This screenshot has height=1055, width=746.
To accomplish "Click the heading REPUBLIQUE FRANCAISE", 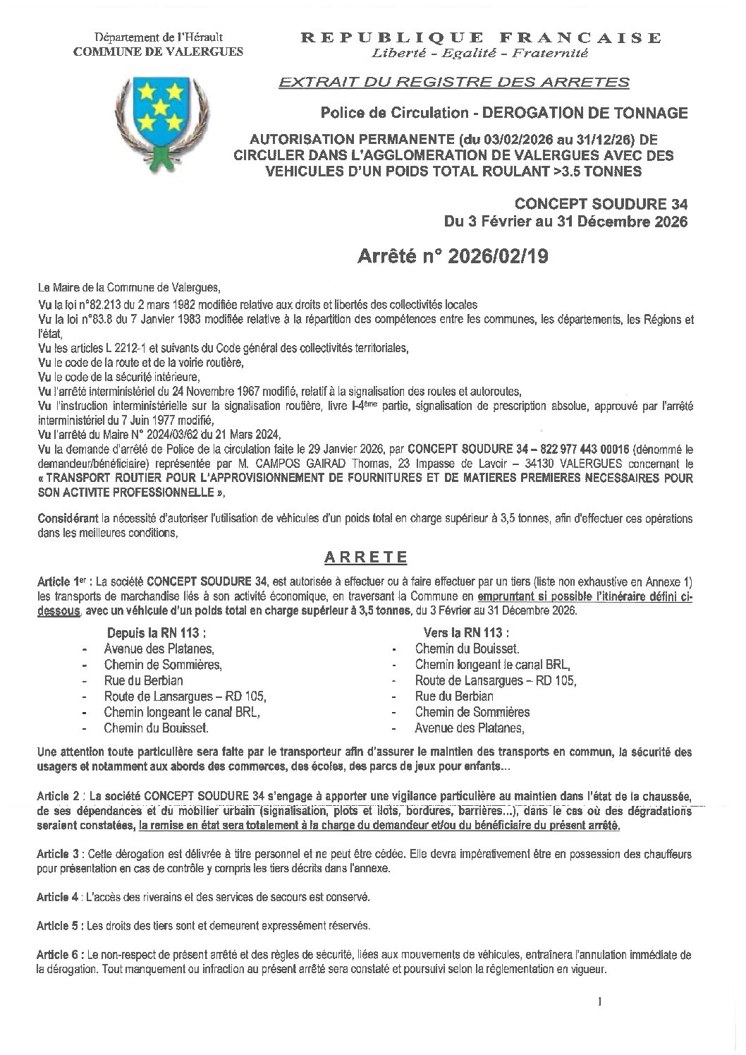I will click(x=482, y=37).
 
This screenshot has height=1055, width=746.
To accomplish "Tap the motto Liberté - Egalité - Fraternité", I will click(x=482, y=53).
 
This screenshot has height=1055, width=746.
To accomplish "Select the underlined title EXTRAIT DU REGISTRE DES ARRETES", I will click(x=454, y=83).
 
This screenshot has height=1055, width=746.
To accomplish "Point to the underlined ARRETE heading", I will click(x=365, y=557).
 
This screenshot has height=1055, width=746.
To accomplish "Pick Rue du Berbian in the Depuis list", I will click(x=143, y=680).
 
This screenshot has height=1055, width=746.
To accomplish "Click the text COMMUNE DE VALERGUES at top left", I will click(x=159, y=51).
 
